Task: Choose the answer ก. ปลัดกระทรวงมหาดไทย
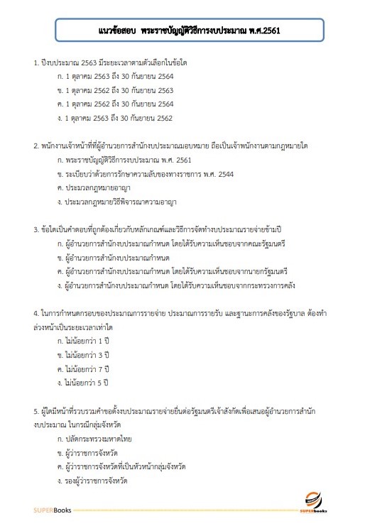[x=99, y=439]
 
